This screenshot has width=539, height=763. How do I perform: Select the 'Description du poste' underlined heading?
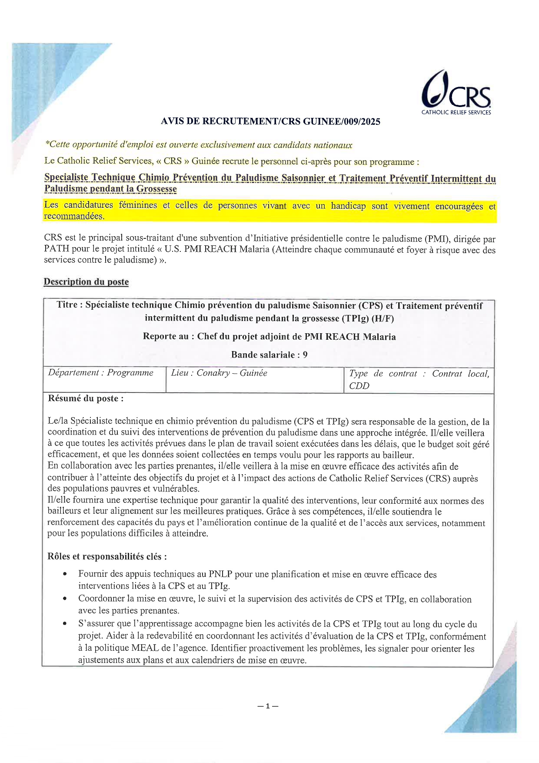[x=86, y=282]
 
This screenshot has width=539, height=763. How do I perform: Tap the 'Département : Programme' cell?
[x=101, y=373]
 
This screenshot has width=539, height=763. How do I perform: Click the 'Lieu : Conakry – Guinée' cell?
[x=219, y=373]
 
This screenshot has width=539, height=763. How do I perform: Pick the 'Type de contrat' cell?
[x=419, y=379]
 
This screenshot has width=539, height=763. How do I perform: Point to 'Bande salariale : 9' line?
[x=269, y=355]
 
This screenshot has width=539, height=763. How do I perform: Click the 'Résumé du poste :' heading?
[x=86, y=398]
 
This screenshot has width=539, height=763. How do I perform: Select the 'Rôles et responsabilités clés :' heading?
[x=107, y=556]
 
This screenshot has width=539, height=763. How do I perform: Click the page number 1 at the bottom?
[x=268, y=706]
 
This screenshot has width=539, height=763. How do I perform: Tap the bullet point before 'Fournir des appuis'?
[x=65, y=574]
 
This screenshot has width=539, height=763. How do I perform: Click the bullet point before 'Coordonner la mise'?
[x=65, y=599]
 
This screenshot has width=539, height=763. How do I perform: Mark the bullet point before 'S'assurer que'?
[x=65, y=624]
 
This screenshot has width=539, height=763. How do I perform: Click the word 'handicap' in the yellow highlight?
[x=348, y=206]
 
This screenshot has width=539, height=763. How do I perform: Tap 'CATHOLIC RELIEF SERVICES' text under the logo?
[x=456, y=112]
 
